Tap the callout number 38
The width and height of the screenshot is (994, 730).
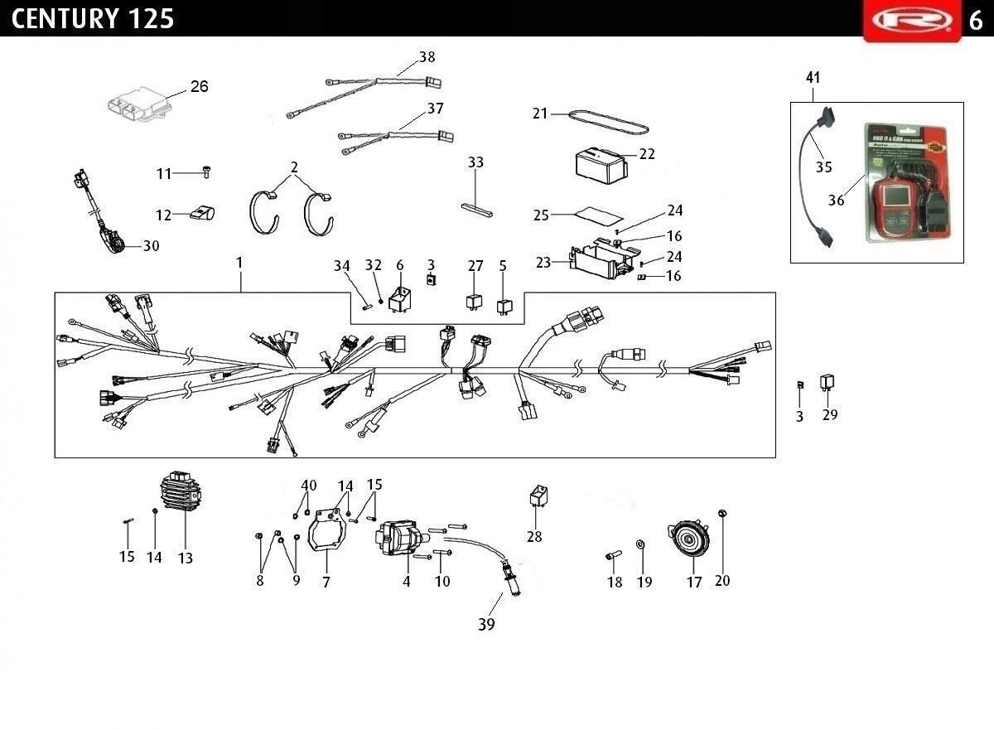pyautogui.click(x=427, y=57)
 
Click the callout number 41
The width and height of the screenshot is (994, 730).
pyautogui.click(x=813, y=78)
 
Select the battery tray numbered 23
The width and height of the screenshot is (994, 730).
pyautogui.click(x=596, y=259)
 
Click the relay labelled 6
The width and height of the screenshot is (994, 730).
pyautogui.click(x=400, y=298)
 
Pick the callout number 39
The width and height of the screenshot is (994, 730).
pyautogui.click(x=486, y=624)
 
